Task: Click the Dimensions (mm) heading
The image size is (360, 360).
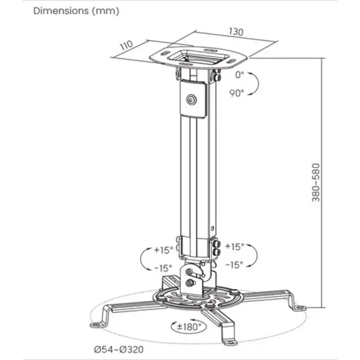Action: (76, 11)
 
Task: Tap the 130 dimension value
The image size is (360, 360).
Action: (236, 32)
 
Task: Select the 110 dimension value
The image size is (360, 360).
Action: (127, 45)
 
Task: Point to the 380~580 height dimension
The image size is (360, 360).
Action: (316, 182)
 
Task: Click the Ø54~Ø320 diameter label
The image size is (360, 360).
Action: (119, 349)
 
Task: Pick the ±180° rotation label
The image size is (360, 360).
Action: (189, 326)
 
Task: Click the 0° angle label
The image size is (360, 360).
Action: (240, 75)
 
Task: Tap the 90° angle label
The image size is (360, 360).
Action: (237, 93)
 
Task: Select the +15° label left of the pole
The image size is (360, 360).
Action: (163, 250)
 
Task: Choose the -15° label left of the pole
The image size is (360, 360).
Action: (163, 268)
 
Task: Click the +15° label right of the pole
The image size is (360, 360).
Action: (234, 247)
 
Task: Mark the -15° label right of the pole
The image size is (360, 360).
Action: (234, 265)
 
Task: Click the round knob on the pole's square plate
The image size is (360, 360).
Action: (191, 100)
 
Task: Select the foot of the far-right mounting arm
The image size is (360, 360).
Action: (300, 308)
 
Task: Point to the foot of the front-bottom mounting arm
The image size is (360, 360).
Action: (230, 342)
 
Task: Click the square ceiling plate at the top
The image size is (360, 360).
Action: (199, 57)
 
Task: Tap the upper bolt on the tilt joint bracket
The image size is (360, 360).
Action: (189, 272)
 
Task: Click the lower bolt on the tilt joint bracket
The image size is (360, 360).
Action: (190, 283)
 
